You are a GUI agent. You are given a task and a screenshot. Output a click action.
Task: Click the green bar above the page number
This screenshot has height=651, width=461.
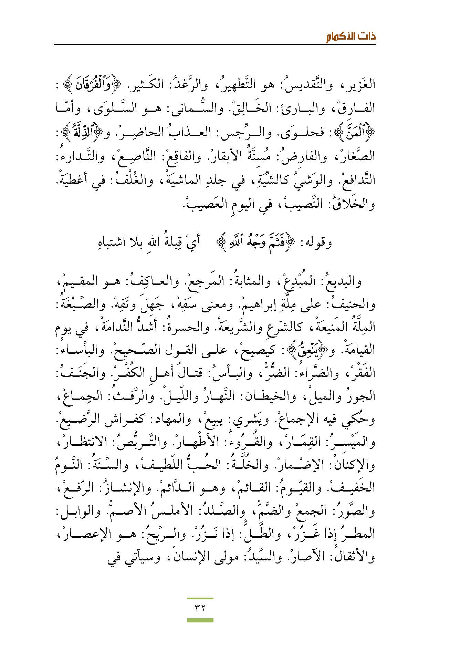point(200,599)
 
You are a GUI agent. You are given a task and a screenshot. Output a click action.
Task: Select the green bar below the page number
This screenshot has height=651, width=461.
point(200,620)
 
